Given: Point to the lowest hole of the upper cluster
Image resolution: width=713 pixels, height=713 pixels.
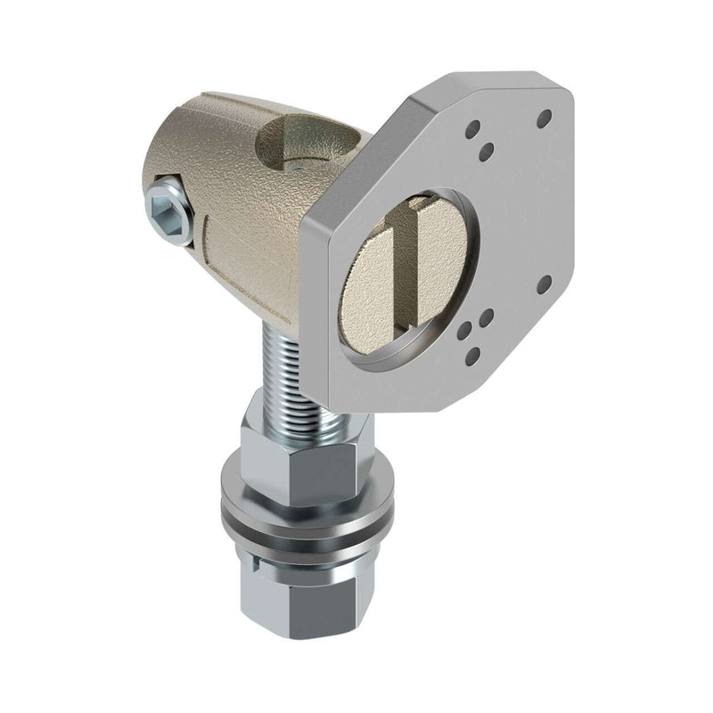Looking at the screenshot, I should coord(486,154).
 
